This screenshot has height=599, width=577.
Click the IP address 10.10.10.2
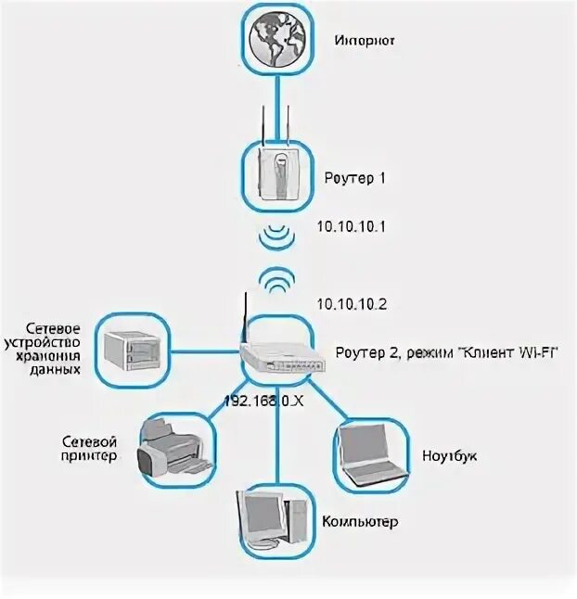[x=353, y=304]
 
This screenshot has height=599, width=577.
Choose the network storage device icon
[x=134, y=350]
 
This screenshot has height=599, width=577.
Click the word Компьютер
[x=360, y=522]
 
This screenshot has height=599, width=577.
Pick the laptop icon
[x=369, y=455]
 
